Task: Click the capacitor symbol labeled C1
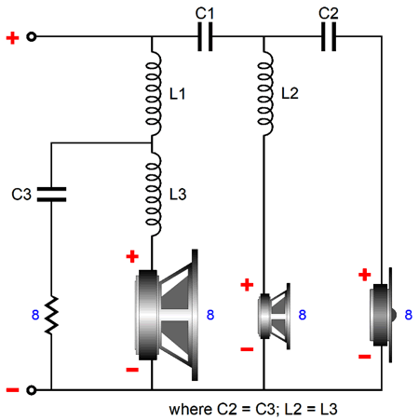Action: click(205, 36)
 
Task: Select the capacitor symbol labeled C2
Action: click(329, 36)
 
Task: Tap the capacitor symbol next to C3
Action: click(51, 195)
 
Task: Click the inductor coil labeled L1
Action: click(154, 93)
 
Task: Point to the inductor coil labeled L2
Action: click(265, 93)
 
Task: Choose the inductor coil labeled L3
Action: click(154, 194)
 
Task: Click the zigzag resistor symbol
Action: click(51, 315)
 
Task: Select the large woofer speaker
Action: click(167, 315)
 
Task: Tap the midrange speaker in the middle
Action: click(275, 316)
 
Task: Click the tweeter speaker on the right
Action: click(382, 315)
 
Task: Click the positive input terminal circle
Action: click(32, 36)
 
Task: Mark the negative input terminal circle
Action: click(32, 390)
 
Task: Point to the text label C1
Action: click(205, 14)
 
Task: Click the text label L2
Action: click(290, 93)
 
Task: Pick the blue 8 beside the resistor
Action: click(35, 315)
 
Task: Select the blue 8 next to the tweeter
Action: click(409, 315)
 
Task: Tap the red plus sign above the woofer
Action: click(132, 256)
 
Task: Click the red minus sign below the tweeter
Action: click(365, 357)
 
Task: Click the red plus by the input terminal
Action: click(12, 38)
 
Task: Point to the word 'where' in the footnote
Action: click(191, 410)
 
